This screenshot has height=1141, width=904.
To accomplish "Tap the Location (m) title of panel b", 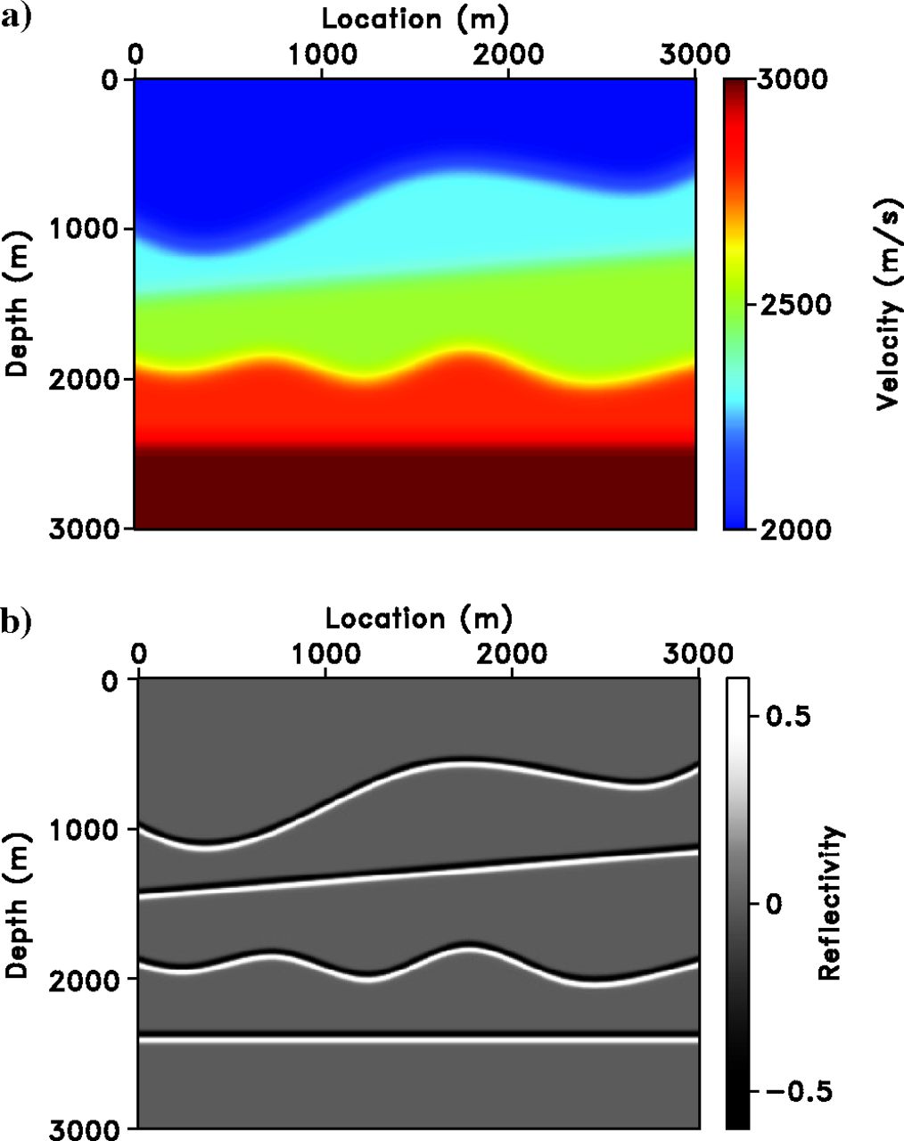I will pos(418,618).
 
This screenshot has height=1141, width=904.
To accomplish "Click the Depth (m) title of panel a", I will pos(17,303).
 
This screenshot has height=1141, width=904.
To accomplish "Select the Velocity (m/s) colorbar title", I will pos(887,304).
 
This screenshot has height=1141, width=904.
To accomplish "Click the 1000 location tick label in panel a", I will pos(321,53).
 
